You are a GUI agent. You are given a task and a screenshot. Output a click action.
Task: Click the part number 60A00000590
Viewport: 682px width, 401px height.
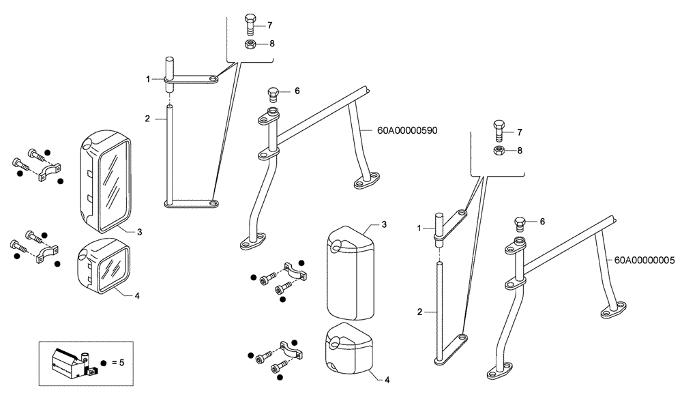pos(407,130)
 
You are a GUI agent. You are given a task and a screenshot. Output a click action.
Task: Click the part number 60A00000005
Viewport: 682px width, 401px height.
pos(644,260)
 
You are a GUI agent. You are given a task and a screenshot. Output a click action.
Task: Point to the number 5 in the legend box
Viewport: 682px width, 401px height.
pos(121,363)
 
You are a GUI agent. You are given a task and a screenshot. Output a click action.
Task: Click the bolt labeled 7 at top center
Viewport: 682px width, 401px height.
pos(249,26)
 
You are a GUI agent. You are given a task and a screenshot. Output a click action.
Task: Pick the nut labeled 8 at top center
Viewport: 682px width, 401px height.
pos(250,44)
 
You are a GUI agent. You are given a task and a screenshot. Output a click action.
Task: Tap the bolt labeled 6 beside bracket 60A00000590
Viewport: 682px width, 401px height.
pos(274,93)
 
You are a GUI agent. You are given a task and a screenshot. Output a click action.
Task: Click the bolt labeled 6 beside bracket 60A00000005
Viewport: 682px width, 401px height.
pos(520,223)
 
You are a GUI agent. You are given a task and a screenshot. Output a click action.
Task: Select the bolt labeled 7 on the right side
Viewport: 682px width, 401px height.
pos(499,130)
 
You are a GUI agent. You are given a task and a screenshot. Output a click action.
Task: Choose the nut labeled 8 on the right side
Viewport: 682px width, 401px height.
pos(499,150)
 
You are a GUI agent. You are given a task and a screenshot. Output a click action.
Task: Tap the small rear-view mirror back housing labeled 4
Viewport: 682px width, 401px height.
pos(349,350)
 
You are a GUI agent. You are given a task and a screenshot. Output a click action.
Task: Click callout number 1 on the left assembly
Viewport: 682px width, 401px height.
pos(147,80)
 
